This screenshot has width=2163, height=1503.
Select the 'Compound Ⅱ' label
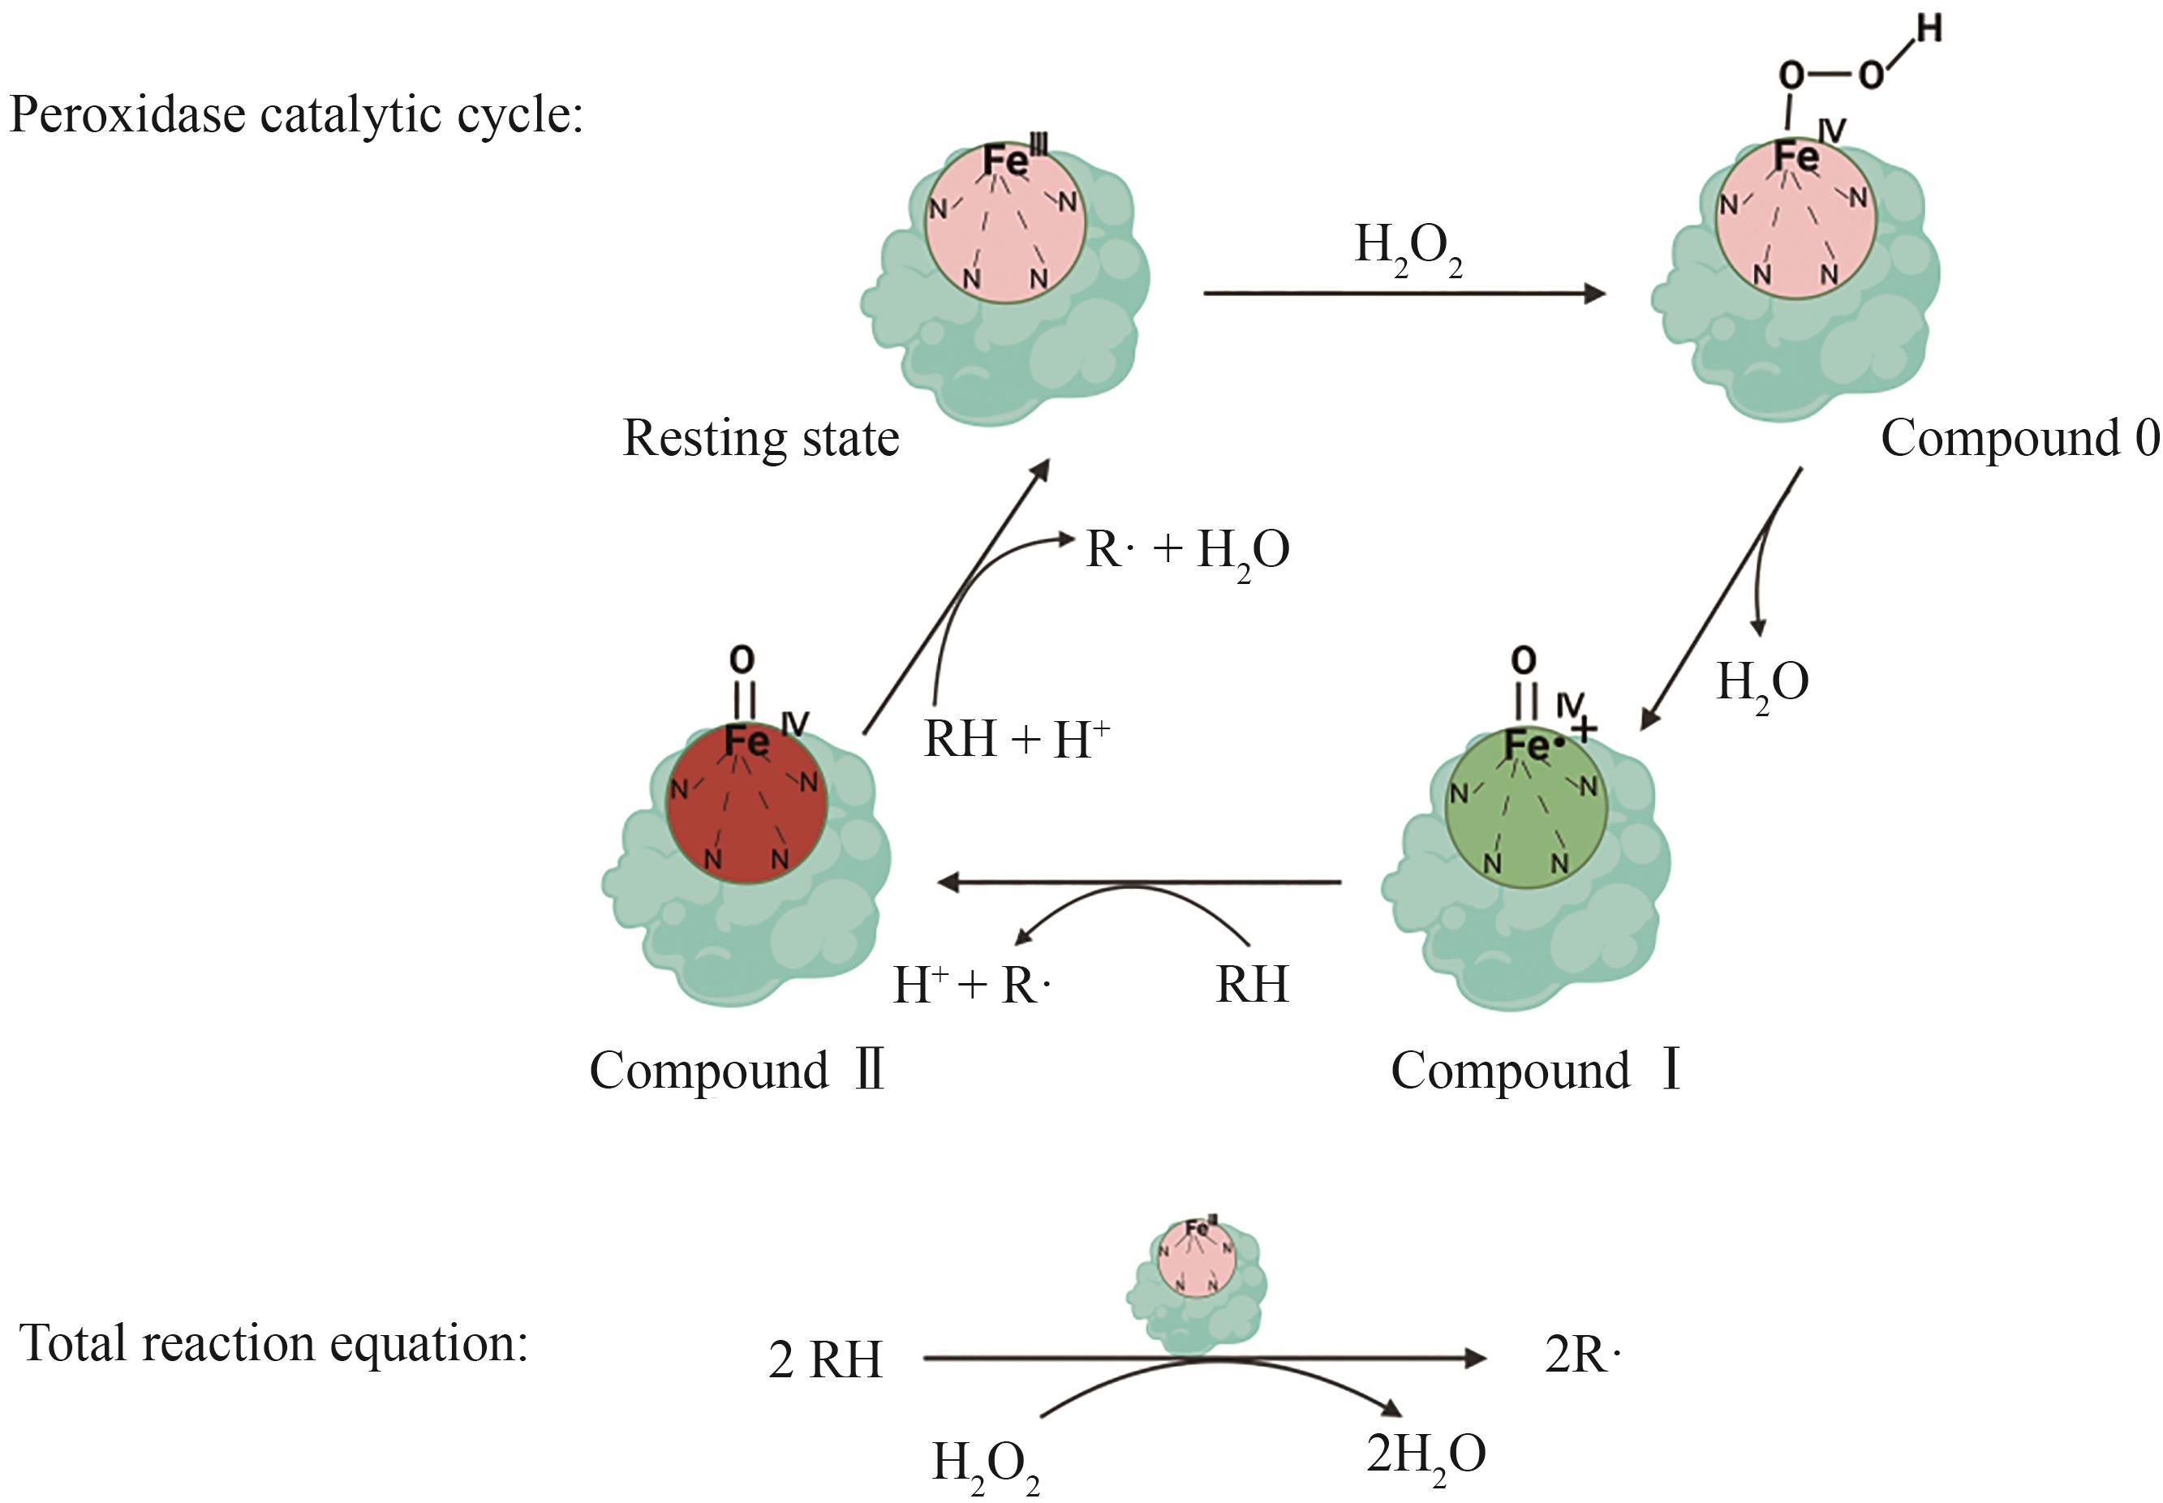pos(737,1071)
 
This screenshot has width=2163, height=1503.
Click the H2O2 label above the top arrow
pos(1408,251)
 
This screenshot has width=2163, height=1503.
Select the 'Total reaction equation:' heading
pos(274,1343)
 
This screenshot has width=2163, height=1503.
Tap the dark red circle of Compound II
pos(747,803)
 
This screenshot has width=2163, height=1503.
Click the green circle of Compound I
pos(1526,808)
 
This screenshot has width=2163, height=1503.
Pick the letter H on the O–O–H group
pos(1929,29)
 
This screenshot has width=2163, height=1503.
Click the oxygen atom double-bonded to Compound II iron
pos(742,659)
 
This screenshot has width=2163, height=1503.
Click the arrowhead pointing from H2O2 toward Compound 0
pos(1595,294)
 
